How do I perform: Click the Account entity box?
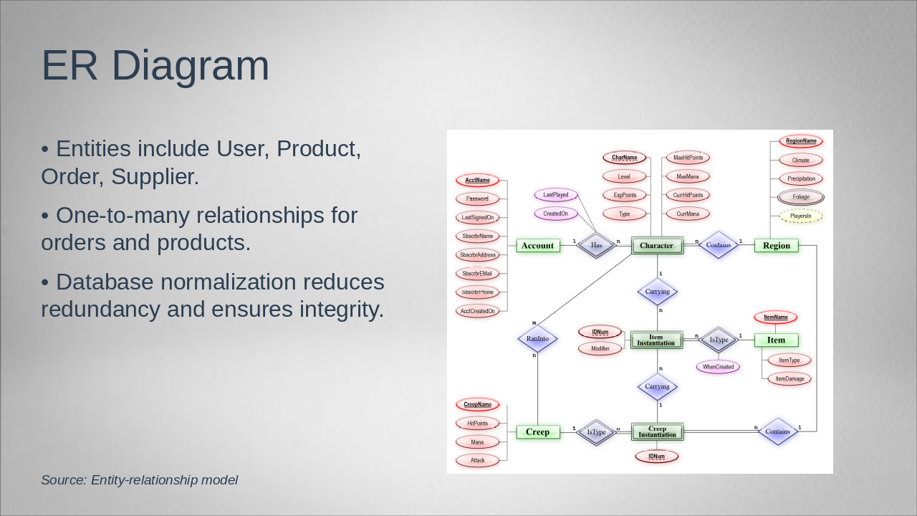[x=537, y=246]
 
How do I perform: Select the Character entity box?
[x=657, y=246]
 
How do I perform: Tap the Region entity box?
[x=776, y=246]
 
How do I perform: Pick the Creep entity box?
[x=537, y=432]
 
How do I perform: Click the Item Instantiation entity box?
[x=657, y=340]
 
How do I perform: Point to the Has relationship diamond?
[x=597, y=245]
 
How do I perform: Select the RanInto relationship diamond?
[x=537, y=339]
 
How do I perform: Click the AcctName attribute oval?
[x=477, y=180]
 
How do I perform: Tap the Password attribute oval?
[x=477, y=199]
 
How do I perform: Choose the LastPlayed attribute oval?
[x=556, y=195]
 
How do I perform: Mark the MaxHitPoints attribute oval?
[x=688, y=158]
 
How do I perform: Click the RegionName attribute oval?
[x=801, y=141]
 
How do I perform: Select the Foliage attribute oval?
[x=801, y=197]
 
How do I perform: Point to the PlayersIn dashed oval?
[x=801, y=216]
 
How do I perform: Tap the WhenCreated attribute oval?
[x=718, y=367]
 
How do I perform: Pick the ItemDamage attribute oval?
[x=789, y=378]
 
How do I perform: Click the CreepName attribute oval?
[x=477, y=405]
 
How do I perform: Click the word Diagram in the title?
[x=191, y=66]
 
